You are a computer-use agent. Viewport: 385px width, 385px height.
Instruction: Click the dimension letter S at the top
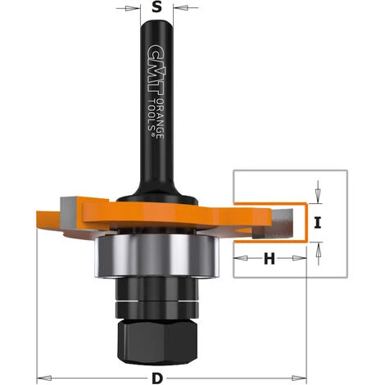pyautogui.click(x=158, y=10)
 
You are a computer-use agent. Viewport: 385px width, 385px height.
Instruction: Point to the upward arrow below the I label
pyautogui.click(x=319, y=247)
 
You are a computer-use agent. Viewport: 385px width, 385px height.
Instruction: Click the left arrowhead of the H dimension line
pyautogui.click(x=239, y=260)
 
